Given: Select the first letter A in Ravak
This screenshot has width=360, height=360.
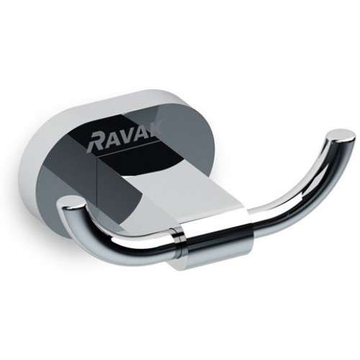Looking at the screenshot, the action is pos(111,140).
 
